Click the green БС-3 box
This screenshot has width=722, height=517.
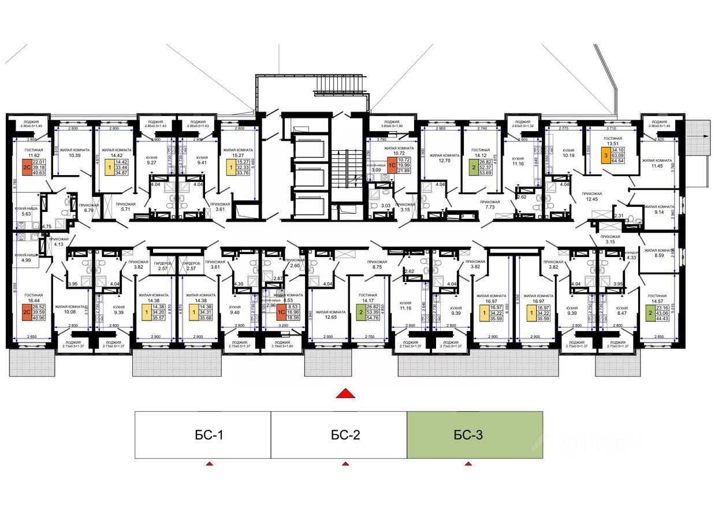[x=475, y=435]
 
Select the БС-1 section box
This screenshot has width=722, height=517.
[x=203, y=435]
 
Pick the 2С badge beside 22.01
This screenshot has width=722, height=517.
[x=26, y=168]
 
